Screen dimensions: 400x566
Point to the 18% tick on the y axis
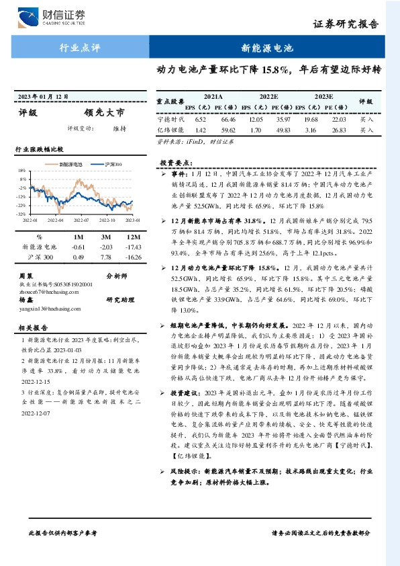point(22,171)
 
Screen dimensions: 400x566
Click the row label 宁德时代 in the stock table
point(168,118)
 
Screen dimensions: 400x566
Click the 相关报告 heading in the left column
point(32,328)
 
